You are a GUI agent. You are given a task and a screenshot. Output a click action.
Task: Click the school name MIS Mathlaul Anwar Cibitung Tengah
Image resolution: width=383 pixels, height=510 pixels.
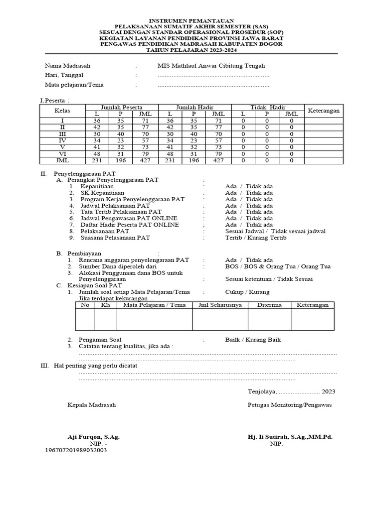click(211, 66)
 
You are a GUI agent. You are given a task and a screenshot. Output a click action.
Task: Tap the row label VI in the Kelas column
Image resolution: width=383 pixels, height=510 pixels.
click(62, 154)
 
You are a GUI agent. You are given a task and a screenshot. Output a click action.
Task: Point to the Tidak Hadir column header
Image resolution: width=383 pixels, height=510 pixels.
click(267, 107)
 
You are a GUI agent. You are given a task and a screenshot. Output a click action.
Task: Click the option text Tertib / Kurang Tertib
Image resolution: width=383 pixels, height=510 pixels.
click(256, 238)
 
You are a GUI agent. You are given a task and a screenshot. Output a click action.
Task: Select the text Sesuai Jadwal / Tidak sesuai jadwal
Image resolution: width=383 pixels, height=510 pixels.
click(275, 231)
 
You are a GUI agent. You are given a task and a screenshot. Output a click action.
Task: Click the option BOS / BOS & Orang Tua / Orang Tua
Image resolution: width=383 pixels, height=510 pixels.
click(278, 266)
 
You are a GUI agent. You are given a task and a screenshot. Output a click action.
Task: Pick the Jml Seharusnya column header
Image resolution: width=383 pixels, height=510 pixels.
click(220, 305)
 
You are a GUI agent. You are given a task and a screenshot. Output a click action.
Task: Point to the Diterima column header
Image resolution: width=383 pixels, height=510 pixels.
click(269, 305)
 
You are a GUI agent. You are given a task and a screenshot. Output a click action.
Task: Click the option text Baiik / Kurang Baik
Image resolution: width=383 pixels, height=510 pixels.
click(253, 340)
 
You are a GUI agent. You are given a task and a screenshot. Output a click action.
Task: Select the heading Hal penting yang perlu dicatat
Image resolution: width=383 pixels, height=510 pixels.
click(95, 366)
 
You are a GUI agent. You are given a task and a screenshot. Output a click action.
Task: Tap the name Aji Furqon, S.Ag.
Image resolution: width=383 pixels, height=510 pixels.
click(93, 437)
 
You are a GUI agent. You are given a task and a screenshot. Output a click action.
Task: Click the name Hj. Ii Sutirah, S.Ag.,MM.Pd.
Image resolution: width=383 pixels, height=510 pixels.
click(290, 437)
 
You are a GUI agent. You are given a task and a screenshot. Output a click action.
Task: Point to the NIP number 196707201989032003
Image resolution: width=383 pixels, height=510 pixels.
click(76, 450)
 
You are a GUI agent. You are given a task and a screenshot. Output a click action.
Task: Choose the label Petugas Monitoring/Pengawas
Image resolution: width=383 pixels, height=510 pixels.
click(289, 405)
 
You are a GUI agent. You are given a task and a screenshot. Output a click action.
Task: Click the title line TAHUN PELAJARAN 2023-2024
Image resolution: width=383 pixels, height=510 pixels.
click(191, 50)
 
